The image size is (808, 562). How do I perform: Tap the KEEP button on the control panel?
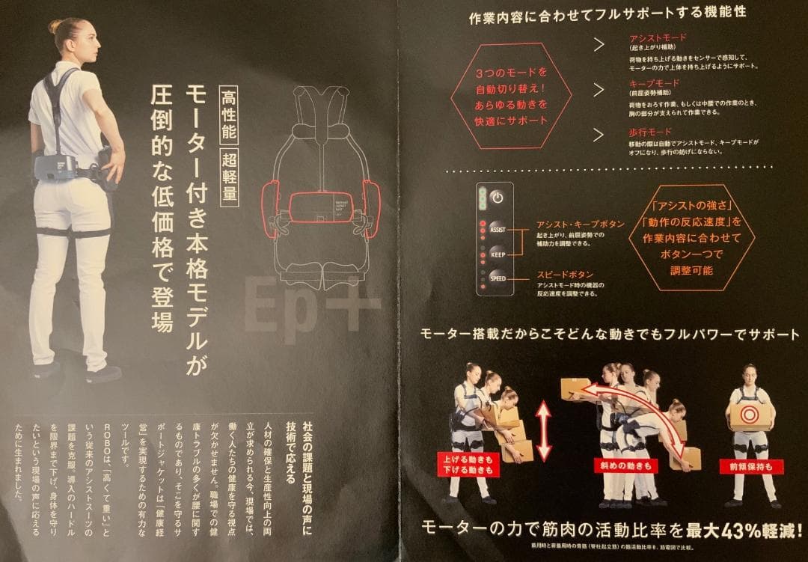[x=498, y=254]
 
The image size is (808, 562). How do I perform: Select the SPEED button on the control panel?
[x=498, y=278]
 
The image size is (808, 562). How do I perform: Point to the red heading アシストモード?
[x=658, y=37]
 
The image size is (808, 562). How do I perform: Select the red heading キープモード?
[x=655, y=83]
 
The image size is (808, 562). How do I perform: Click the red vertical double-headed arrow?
[x=543, y=430]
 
